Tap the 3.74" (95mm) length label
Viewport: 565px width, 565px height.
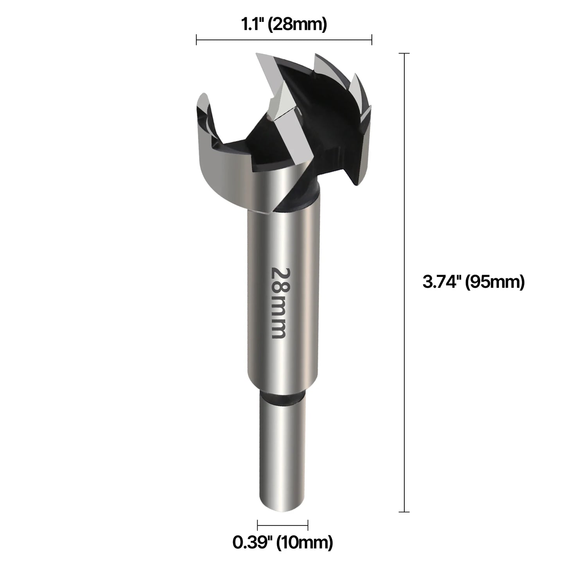[x=473, y=282]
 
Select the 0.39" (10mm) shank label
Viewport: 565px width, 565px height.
[x=283, y=542]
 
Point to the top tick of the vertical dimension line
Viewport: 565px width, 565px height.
[x=404, y=53]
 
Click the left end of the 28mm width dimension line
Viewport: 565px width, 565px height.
[x=197, y=39]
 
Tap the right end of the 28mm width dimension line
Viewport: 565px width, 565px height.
[x=371, y=39]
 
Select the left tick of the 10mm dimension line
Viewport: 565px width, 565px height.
[x=258, y=525]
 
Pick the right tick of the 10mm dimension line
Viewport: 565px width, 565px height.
[x=308, y=525]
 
